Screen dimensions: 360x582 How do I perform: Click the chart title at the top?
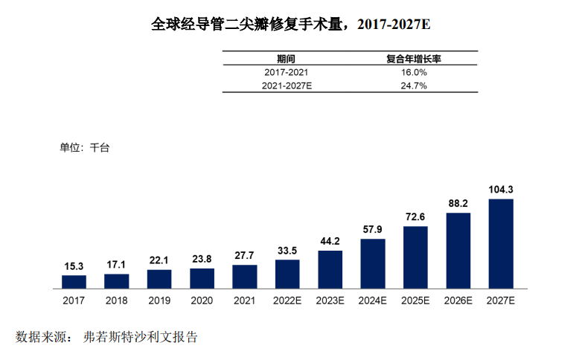[290, 24]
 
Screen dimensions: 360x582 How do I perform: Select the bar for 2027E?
[501, 243]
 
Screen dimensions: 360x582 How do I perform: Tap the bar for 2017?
[74, 281]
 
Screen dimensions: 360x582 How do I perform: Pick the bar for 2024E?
[373, 263]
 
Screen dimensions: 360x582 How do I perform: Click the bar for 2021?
[245, 276]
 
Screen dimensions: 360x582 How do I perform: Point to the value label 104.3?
[501, 190]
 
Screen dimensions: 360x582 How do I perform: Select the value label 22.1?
[159, 260]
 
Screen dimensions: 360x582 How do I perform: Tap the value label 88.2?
[458, 203]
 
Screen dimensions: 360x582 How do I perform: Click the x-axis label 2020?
[202, 301]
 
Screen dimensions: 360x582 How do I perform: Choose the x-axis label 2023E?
[330, 301]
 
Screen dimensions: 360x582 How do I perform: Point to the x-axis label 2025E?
[415, 301]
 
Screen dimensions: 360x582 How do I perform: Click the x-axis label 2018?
[116, 301]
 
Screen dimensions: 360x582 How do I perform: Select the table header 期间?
[286, 59]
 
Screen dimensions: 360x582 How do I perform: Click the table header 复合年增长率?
[414, 59]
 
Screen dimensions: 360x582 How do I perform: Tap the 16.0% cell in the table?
[414, 72]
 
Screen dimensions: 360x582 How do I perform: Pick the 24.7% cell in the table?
[414, 86]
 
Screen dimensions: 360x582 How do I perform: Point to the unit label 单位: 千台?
[84, 147]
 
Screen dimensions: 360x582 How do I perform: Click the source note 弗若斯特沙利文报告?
[141, 337]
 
